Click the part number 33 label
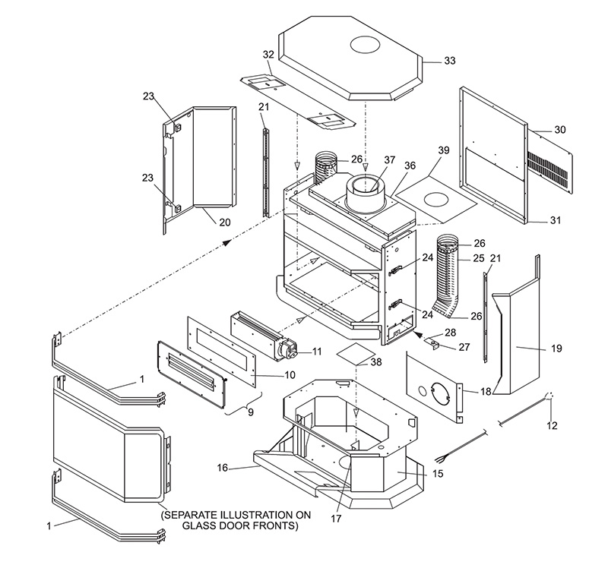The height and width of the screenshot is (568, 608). coord(450,61)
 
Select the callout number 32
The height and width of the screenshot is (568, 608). coord(268,55)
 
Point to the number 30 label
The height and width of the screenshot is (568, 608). coord(559,130)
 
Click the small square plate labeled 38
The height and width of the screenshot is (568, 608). coord(355,351)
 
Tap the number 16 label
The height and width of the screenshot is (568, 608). coord(222,468)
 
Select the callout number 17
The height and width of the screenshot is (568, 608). coord(335,519)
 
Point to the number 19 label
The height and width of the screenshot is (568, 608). coord(556,349)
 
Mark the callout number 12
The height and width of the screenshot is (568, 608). coord(551,425)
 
